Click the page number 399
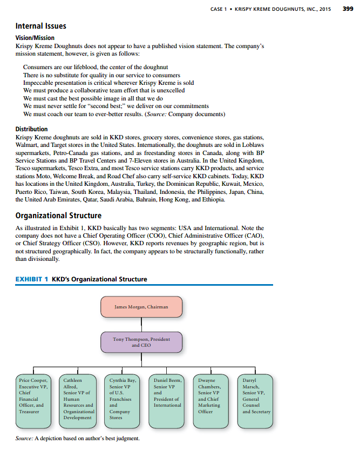348,8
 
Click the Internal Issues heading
41,26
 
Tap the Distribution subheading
31,129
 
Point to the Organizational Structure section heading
58,216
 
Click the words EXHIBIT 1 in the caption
32,279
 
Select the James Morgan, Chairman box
141,307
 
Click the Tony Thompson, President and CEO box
141,342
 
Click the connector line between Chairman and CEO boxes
141,324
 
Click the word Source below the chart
24,438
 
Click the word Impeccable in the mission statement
38,83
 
